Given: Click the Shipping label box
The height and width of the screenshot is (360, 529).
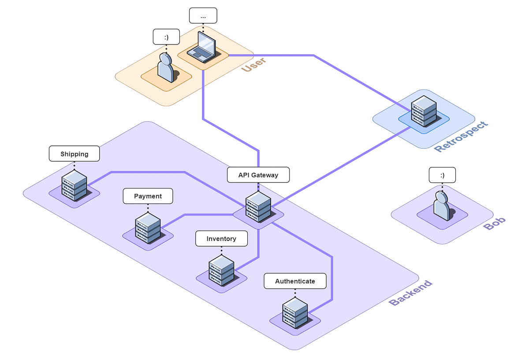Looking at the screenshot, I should (74, 154).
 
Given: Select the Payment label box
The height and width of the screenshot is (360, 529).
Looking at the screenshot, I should (148, 196).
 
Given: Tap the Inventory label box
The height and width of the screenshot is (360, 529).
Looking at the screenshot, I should (221, 238).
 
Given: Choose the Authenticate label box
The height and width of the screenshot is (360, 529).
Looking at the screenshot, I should (295, 281).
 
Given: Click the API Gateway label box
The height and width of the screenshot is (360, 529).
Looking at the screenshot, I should (258, 175).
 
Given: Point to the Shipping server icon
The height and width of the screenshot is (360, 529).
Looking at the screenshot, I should (74, 186).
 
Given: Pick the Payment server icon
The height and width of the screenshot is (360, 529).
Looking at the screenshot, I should (148, 228).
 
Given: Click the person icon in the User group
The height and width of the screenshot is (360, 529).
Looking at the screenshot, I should (165, 68).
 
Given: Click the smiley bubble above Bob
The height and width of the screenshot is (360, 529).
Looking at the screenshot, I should (442, 175).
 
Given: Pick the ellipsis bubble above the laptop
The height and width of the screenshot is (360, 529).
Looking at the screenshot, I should (203, 16).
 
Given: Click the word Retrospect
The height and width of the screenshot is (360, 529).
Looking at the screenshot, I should (462, 137).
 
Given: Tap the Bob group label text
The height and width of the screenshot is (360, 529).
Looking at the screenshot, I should (495, 223).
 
